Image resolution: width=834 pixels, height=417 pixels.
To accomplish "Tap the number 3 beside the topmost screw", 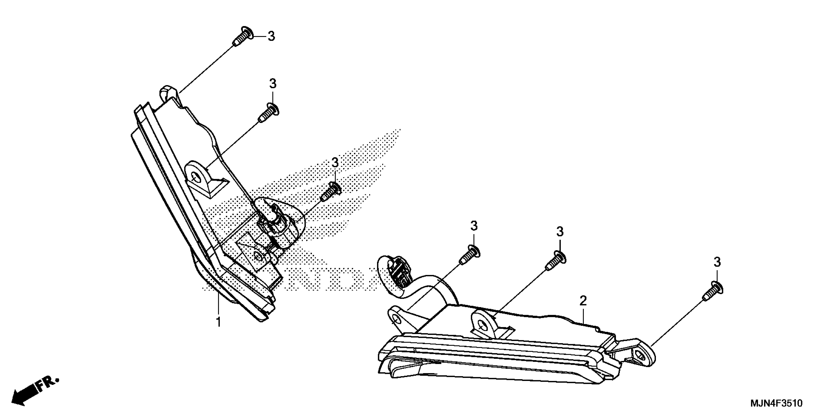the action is [x=271, y=37].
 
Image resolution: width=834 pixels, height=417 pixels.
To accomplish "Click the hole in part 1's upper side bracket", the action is [x=195, y=177].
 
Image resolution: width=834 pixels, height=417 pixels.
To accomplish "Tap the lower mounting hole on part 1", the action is [x=258, y=256].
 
